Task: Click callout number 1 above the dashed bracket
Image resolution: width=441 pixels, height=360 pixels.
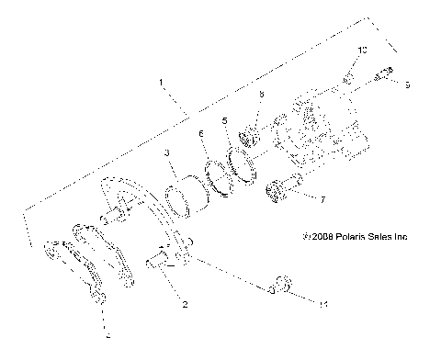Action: click(162, 84)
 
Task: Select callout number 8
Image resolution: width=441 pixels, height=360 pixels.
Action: click(261, 95)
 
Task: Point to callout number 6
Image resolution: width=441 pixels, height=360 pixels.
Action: click(201, 134)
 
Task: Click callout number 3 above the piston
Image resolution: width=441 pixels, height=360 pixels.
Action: click(167, 152)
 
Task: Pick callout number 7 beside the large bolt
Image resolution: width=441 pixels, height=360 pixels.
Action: click(322, 198)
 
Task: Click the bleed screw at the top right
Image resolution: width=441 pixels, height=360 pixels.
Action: click(385, 74)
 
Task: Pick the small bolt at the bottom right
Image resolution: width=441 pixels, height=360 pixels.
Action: click(280, 287)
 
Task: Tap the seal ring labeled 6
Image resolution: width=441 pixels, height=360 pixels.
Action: click(220, 174)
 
